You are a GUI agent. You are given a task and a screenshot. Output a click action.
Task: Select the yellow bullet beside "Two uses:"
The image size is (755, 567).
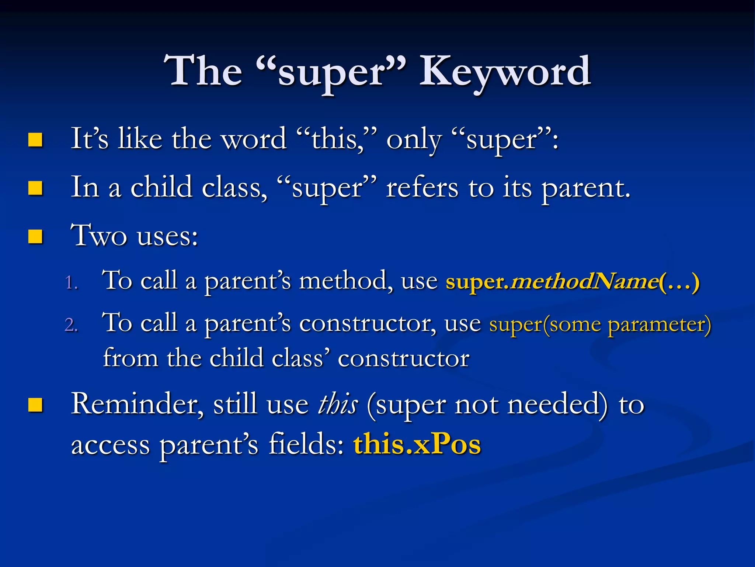click(x=35, y=236)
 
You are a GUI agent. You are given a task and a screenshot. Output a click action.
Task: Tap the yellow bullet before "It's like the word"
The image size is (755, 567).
click(x=35, y=140)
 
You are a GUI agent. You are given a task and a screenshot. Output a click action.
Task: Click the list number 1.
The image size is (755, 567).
click(x=71, y=283)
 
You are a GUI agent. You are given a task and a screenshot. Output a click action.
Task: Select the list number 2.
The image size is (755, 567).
click(x=71, y=325)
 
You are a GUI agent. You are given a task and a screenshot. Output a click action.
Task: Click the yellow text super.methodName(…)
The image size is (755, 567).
click(x=572, y=282)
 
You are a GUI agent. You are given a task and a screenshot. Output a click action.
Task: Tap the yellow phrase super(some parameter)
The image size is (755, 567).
click(x=600, y=324)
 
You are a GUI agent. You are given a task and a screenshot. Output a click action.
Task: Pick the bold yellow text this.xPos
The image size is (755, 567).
click(x=417, y=444)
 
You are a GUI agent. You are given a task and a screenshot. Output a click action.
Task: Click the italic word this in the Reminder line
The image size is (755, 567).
click(x=338, y=404)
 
